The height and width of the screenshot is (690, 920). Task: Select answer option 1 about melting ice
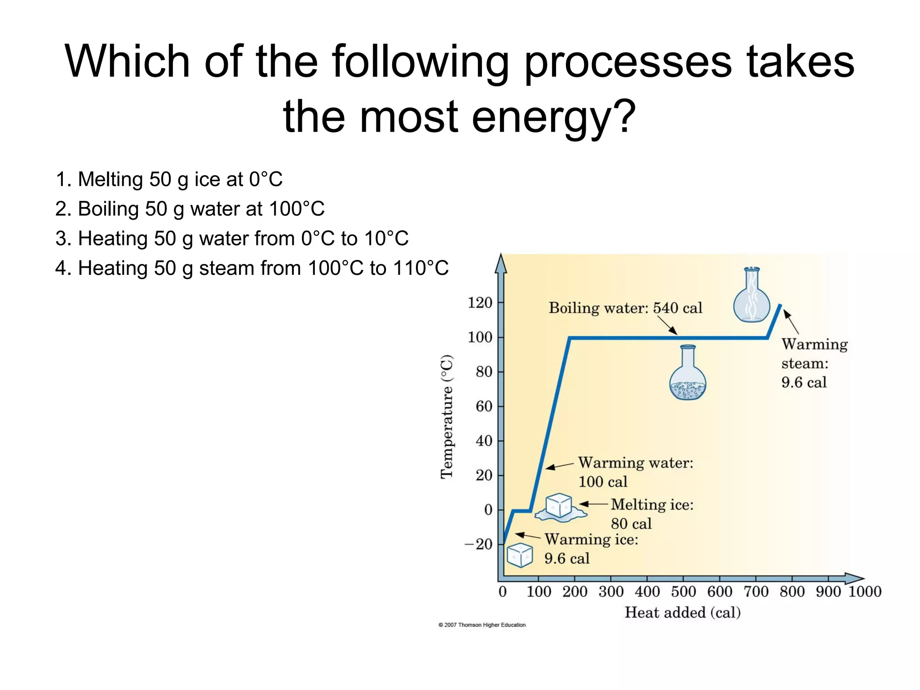[x=169, y=179]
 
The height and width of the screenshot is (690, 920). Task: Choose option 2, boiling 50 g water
[x=190, y=209]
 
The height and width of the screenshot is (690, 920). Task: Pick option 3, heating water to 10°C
[x=232, y=239]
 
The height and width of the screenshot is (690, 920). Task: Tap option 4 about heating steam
[x=252, y=268]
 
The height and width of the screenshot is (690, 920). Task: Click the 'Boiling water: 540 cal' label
[x=625, y=308]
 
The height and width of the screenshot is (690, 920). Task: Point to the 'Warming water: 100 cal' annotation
[x=635, y=472]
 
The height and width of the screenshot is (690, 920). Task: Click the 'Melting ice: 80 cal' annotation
[x=651, y=514]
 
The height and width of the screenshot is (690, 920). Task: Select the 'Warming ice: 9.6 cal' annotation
[x=591, y=548]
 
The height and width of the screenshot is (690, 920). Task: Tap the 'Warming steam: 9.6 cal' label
[x=814, y=363]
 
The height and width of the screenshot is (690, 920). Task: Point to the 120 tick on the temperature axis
[x=480, y=303]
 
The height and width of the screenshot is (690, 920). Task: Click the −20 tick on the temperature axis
[x=478, y=544]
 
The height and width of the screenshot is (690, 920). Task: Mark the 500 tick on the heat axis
[x=683, y=592]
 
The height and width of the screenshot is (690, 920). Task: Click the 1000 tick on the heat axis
[x=865, y=592]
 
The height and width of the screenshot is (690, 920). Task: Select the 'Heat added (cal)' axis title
[x=682, y=613]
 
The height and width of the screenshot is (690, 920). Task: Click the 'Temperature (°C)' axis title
[x=447, y=417]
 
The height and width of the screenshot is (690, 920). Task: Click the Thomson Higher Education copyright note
[x=482, y=625]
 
